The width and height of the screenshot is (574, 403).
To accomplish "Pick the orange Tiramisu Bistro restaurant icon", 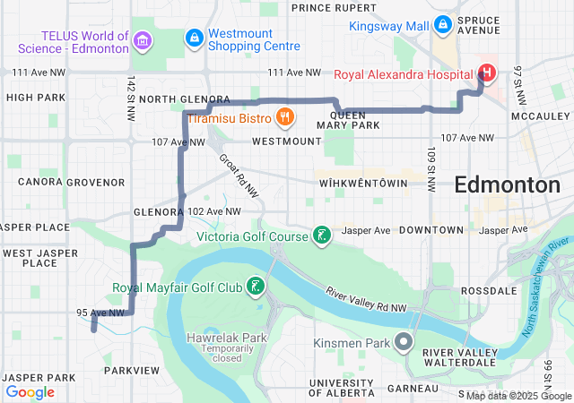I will pyautogui.click(x=284, y=116).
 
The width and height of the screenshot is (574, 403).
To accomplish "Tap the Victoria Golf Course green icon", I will pyautogui.click(x=320, y=236).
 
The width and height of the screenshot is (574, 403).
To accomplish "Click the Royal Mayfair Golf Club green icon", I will pyautogui.click(x=256, y=287).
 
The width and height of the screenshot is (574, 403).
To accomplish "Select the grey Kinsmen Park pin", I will pyautogui.click(x=404, y=342).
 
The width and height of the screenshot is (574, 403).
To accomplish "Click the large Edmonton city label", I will pyautogui.click(x=507, y=185).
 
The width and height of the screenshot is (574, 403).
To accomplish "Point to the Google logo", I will pyautogui.click(x=30, y=391).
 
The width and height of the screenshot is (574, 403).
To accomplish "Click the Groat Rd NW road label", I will pyautogui.click(x=239, y=175).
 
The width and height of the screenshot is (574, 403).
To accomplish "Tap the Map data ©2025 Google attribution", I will pyautogui.click(x=518, y=395).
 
